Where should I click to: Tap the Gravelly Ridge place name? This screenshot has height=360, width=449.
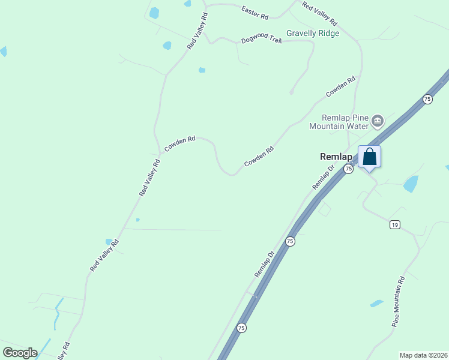coord(313,34)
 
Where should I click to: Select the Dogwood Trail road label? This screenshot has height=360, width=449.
coord(261,40)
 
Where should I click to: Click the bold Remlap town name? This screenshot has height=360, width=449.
coord(336,157)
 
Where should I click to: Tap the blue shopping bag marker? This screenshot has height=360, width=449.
coord(370,157)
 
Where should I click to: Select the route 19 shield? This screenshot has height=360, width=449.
coord(394,224)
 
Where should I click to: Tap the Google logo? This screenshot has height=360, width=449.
coord(20,353)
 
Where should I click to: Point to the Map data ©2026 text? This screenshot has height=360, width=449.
coord(424,355)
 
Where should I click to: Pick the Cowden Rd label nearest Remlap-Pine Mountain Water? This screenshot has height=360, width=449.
coord(340,86)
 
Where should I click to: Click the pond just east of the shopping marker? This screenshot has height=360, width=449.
coord(411,184)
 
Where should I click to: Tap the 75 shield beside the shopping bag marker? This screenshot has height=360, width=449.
coord(348,170)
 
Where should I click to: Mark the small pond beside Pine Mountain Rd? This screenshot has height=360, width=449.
coord(376,304)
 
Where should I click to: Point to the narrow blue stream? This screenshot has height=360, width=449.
coord(56,313)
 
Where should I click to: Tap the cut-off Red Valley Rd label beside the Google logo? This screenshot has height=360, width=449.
coord(64,350)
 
